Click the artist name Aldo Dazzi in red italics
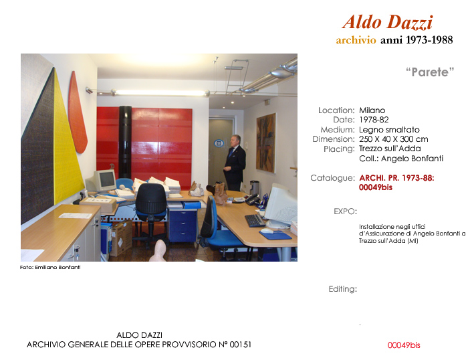388,22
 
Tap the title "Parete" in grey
430,72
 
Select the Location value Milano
372,110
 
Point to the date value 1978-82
374,120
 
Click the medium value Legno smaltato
389,129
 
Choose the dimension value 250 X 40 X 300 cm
394,139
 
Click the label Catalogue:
332,178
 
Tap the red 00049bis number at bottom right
404,345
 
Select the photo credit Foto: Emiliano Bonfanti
50,267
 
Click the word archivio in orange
356,40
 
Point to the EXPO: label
345,211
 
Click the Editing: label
343,289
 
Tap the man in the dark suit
234,163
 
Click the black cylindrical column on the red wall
125,142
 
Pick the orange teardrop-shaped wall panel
77,112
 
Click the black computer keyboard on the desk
255,221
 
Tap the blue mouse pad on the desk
275,235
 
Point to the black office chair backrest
150,198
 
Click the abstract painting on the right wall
266,143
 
